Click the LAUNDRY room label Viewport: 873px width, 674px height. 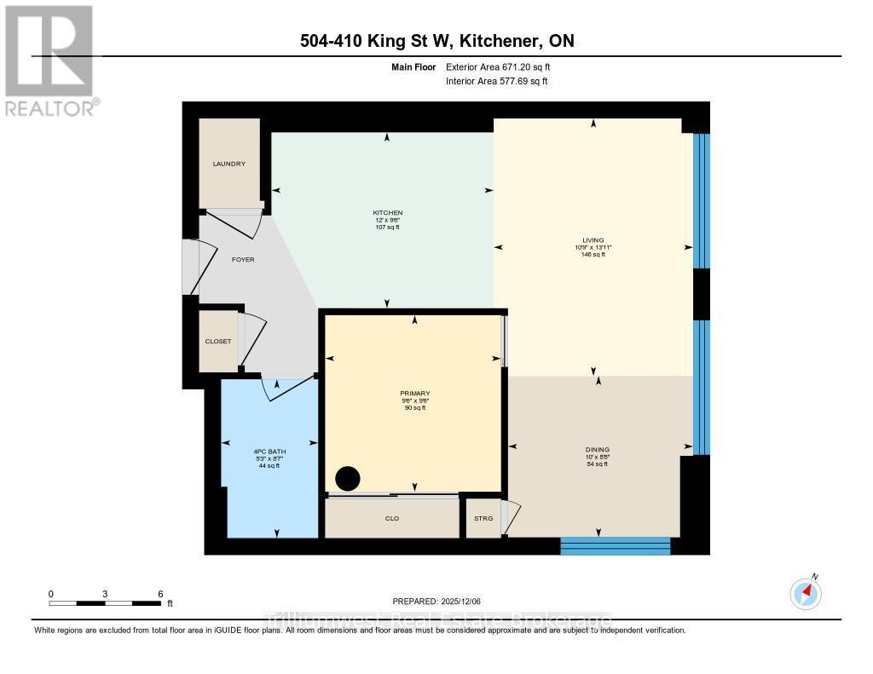(229, 164)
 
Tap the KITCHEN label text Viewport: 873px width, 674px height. (387, 212)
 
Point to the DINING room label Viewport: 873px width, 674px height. (598, 449)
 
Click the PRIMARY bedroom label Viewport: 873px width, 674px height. (415, 394)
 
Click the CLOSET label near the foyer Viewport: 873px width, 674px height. (218, 341)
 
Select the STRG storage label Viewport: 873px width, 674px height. (483, 518)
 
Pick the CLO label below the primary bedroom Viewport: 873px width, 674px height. (392, 518)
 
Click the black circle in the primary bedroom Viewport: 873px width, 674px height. (348, 479)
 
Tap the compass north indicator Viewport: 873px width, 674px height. (806, 591)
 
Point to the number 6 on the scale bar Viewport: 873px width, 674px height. (159, 593)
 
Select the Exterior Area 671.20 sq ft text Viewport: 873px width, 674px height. (504, 67)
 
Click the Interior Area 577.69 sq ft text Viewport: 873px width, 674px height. (497, 81)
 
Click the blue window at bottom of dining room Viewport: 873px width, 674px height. (615, 545)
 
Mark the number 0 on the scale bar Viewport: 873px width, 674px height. (50, 593)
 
